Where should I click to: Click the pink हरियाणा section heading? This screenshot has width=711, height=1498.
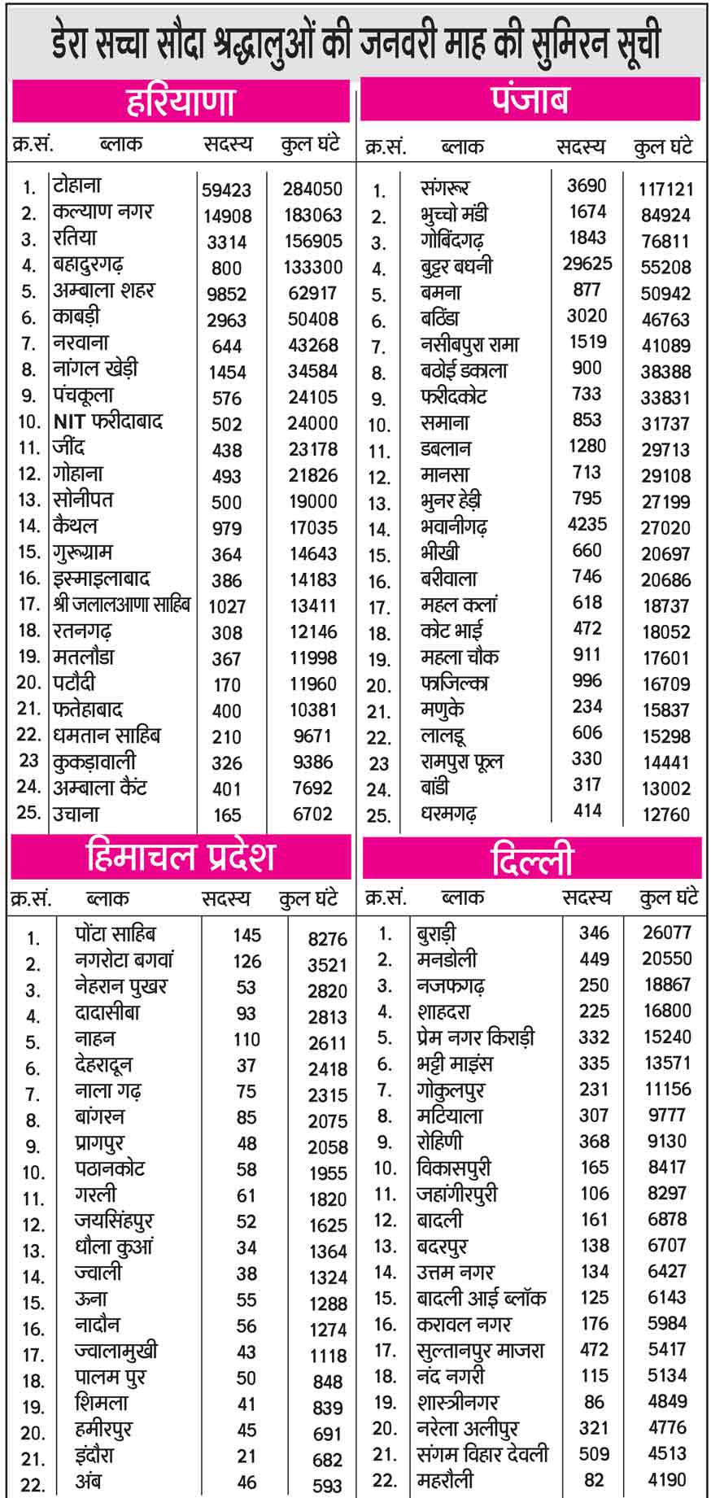point(181,102)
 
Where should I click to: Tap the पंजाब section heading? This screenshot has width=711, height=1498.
point(530,100)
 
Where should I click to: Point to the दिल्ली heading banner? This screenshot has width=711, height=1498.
point(532,859)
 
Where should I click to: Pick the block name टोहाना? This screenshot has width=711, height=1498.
point(77,186)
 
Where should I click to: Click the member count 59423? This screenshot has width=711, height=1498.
point(227,190)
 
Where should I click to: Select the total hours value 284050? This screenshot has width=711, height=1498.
point(312,189)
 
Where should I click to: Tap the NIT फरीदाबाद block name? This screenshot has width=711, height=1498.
point(108,421)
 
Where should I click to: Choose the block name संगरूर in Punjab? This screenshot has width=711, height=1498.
point(445,189)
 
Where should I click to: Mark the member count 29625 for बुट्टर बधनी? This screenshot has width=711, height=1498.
point(587,264)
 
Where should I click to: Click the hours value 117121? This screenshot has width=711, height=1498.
point(665,190)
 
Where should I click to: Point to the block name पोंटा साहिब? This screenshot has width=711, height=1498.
point(115,934)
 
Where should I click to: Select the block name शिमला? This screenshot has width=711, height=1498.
point(102,1404)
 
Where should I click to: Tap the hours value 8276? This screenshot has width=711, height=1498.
point(327,939)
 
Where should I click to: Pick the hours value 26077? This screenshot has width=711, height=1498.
point(666,932)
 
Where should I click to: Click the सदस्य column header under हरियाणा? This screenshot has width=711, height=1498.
point(228,145)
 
